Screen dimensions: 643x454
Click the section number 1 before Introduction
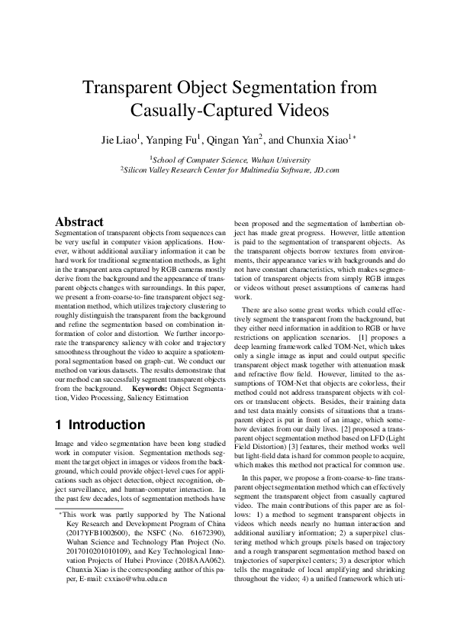(61, 425)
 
